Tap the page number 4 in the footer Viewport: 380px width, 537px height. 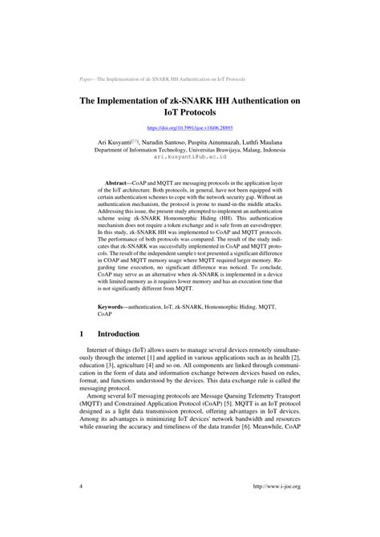click(83, 487)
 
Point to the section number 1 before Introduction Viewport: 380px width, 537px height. click(83, 333)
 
